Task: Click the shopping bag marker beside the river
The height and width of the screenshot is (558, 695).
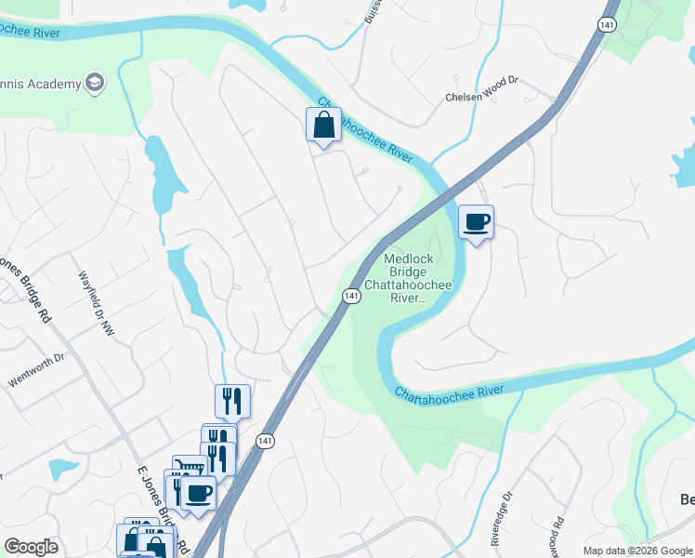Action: [321, 125]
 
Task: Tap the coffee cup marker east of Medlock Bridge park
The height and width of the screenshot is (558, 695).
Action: [476, 222]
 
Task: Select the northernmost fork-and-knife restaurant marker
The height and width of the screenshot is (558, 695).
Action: [232, 402]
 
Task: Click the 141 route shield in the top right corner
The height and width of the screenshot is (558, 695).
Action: [607, 26]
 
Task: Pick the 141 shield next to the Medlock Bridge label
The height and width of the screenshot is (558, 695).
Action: [351, 296]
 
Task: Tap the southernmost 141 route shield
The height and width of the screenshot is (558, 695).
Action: [266, 441]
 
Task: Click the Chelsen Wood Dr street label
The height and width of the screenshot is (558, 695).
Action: [481, 97]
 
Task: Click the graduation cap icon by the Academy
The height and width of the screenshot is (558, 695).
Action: [94, 84]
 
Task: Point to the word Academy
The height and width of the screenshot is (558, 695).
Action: [53, 85]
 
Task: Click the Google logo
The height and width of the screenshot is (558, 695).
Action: [31, 546]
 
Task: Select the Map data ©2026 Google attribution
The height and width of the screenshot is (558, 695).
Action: [637, 551]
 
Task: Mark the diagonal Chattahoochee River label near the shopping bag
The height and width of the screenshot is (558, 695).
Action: [364, 129]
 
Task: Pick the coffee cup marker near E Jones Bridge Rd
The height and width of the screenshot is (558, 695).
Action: [199, 492]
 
